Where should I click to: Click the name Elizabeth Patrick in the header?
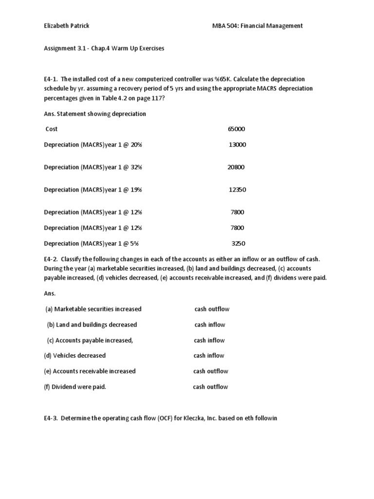pyautogui.click(x=66, y=26)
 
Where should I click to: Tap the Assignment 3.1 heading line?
pyautogui.click(x=104, y=49)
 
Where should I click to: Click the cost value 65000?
pyautogui.click(x=236, y=129)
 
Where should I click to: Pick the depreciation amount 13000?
pyautogui.click(x=237, y=145)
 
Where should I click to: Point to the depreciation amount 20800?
pyautogui.click(x=236, y=167)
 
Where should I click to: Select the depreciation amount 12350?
pyautogui.click(x=237, y=190)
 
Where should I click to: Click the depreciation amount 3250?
pyautogui.click(x=239, y=243)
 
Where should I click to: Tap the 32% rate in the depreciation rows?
pyautogui.click(x=136, y=167)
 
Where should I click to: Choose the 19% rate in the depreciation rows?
pyautogui.click(x=136, y=190)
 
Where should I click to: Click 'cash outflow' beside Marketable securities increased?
pyautogui.click(x=212, y=309)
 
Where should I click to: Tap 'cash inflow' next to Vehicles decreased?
pyautogui.click(x=209, y=356)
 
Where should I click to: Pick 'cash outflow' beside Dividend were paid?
pyautogui.click(x=210, y=387)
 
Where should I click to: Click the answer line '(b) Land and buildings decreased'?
pyautogui.click(x=92, y=325)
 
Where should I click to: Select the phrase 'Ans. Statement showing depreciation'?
pyautogui.click(x=94, y=114)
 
